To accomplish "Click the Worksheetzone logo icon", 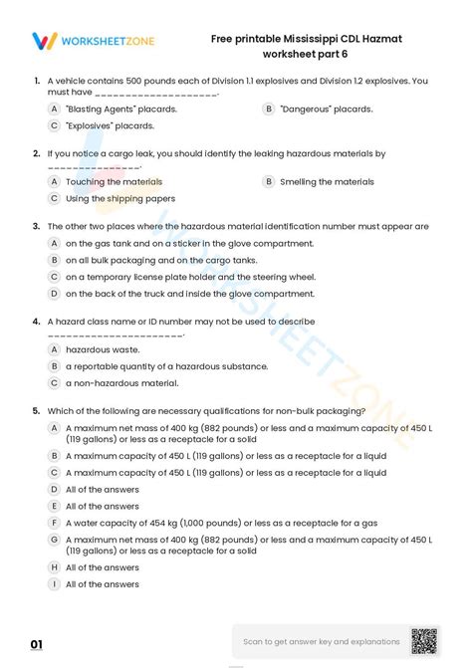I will pyautogui.click(x=44, y=41).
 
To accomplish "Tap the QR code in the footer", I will pyautogui.click(x=425, y=641).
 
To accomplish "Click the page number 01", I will pyautogui.click(x=37, y=645).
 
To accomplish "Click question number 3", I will pyautogui.click(x=36, y=226).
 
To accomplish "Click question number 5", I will pyautogui.click(x=36, y=410).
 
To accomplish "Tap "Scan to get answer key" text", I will pyautogui.click(x=322, y=642).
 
